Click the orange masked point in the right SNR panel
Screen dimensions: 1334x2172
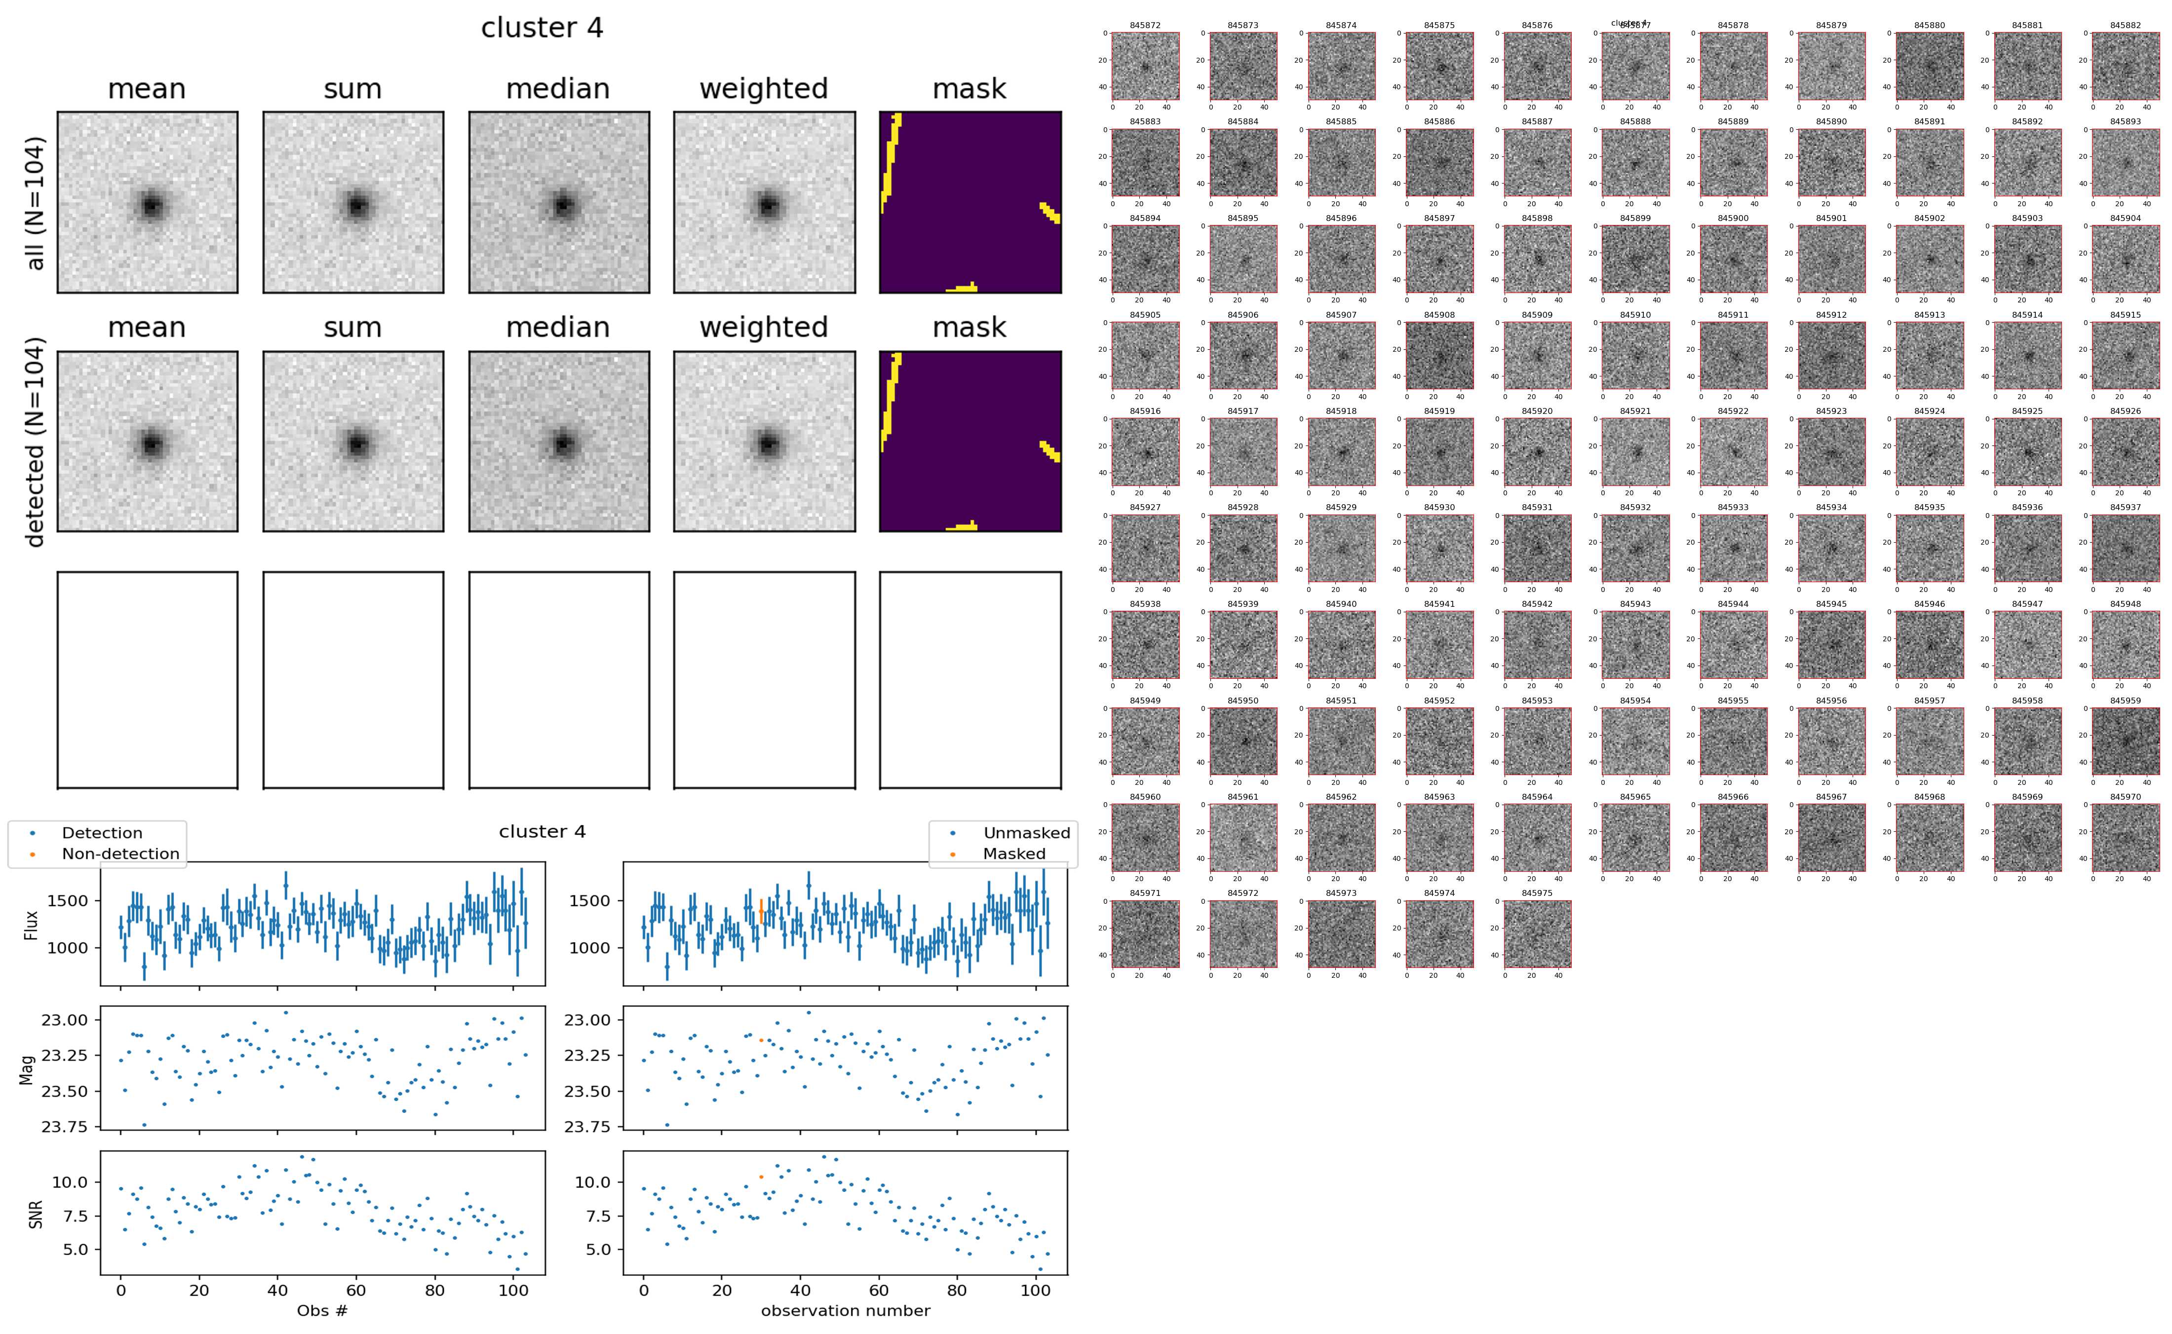point(761,1177)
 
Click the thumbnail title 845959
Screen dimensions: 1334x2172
point(2125,701)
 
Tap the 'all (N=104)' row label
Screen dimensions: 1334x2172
point(36,203)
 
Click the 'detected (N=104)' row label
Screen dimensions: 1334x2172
point(36,441)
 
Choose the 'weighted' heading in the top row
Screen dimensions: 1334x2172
point(764,89)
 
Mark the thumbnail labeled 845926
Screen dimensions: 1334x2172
point(2125,452)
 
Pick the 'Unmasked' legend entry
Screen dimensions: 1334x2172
point(1026,833)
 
